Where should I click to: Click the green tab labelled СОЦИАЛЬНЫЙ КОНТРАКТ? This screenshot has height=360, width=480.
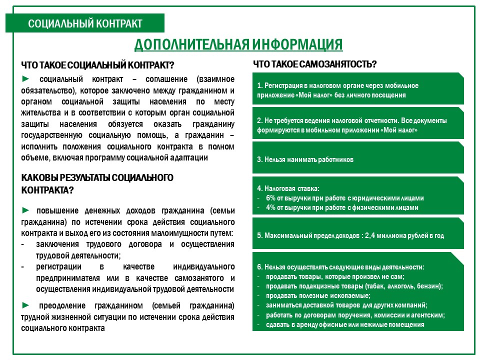[x=85, y=23]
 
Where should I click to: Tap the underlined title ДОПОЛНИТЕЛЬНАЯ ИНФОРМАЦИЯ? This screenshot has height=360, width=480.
[x=238, y=44]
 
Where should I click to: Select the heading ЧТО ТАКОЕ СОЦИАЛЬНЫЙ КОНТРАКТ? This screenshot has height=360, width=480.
[x=97, y=65]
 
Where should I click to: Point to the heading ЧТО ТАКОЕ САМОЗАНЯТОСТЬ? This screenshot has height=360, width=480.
[x=314, y=64]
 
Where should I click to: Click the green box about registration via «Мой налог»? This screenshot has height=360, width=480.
[x=357, y=89]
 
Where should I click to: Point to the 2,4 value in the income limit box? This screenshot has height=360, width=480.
[x=372, y=235]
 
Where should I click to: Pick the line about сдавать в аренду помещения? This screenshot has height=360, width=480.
[x=345, y=324]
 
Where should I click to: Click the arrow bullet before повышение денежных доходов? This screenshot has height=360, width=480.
[x=26, y=209]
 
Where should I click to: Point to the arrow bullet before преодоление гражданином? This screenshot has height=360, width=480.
[x=26, y=305]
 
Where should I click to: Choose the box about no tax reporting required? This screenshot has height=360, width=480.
[x=357, y=125]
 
